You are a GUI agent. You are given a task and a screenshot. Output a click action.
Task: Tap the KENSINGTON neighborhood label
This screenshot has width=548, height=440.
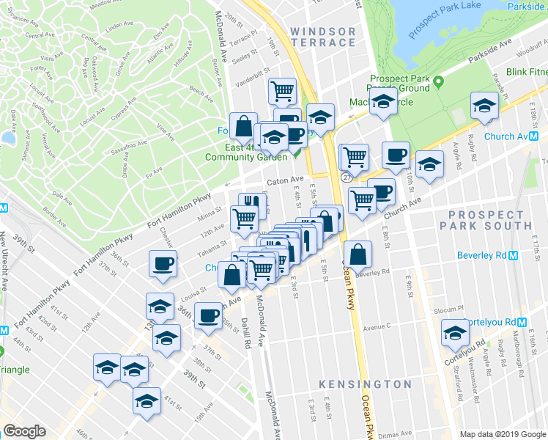(x=366, y=384)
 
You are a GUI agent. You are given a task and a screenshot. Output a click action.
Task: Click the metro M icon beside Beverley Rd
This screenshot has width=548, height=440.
(x=513, y=256)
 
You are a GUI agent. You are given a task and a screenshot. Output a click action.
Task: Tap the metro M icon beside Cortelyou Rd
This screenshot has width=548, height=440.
(x=521, y=322)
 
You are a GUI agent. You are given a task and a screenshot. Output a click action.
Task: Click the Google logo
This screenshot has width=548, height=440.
(x=24, y=431)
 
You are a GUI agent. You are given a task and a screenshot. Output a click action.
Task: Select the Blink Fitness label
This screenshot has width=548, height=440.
(x=527, y=73)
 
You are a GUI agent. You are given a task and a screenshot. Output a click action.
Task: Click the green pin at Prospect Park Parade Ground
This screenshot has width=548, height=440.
(x=438, y=81)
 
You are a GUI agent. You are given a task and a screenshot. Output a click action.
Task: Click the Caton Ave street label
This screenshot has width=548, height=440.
(x=285, y=180)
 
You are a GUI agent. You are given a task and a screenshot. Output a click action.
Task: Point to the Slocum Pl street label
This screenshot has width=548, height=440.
(x=450, y=309)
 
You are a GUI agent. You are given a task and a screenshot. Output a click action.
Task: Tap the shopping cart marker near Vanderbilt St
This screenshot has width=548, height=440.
(x=282, y=92)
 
